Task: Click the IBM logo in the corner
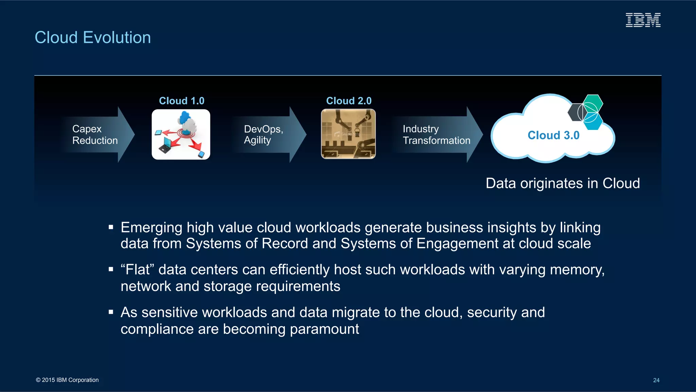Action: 643,20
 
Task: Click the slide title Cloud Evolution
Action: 93,37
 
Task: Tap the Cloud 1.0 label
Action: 181,101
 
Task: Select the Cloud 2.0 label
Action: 349,101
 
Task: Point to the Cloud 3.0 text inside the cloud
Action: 553,135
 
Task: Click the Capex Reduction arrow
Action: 99,135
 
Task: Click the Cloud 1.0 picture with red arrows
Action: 181,134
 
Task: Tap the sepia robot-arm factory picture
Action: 348,134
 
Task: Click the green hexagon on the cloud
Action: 593,102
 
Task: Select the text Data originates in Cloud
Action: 562,183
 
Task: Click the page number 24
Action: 656,380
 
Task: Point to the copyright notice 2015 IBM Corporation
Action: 67,380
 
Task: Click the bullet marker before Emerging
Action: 111,227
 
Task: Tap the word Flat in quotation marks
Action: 137,270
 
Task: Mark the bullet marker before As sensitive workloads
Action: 111,312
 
